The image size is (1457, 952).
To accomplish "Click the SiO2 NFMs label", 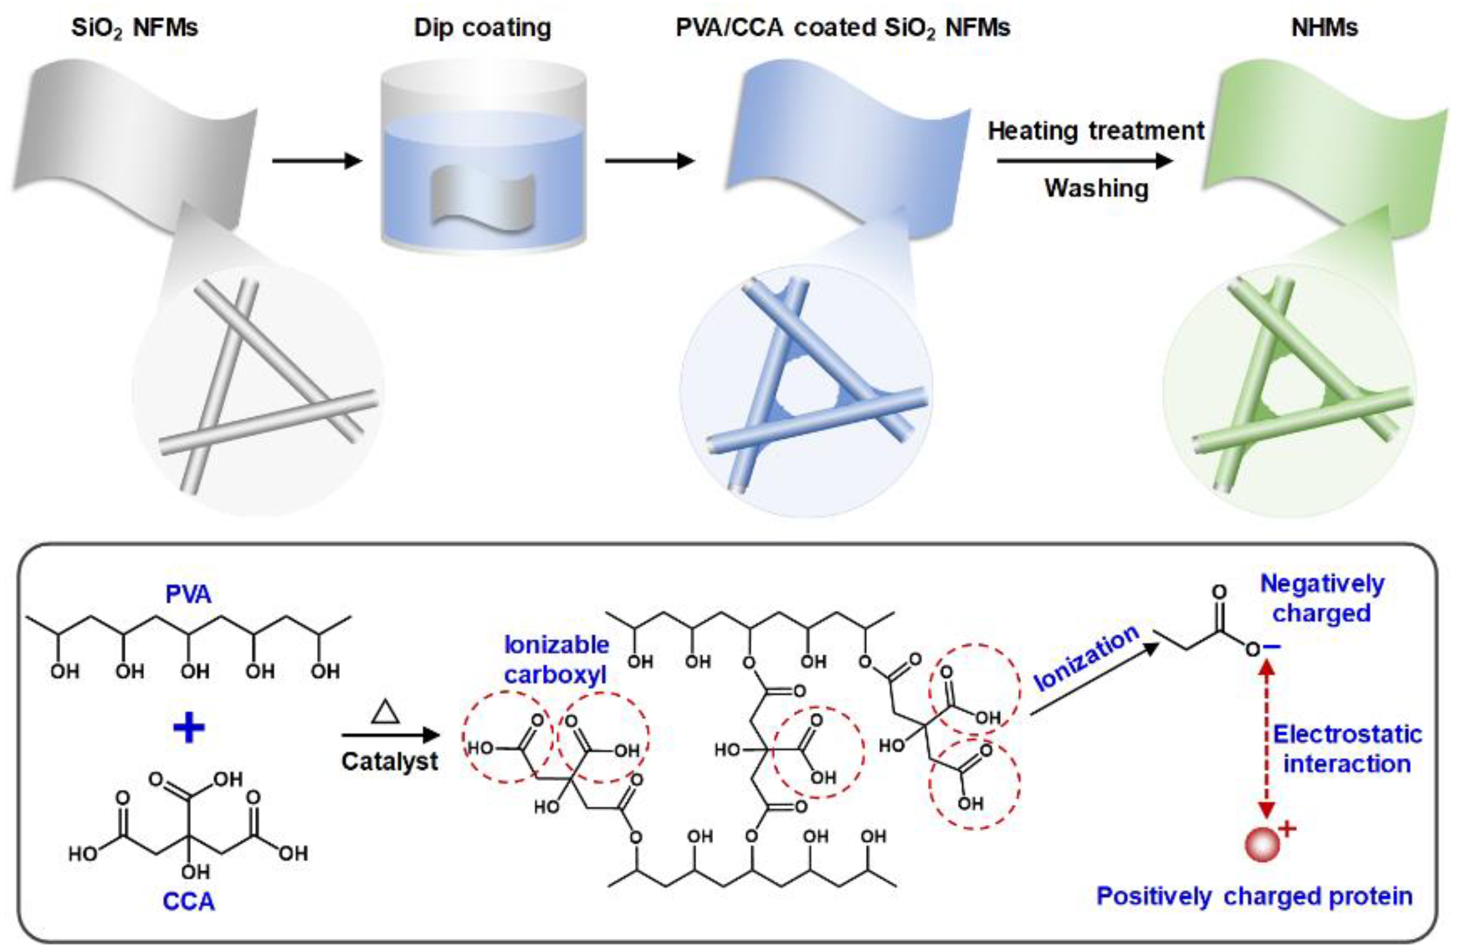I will tap(135, 28).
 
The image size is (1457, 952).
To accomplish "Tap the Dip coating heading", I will tap(482, 28).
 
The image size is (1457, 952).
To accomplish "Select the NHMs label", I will tap(1324, 28).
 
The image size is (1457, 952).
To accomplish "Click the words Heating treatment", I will tap(1096, 131).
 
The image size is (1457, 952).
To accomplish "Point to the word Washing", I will tap(1096, 188).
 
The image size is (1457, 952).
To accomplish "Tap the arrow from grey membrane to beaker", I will tap(316, 161).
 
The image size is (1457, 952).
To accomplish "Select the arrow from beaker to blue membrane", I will tap(650, 161).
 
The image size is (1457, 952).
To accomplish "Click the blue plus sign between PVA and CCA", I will tap(188, 729).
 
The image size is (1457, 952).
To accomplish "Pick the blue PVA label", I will tap(188, 595).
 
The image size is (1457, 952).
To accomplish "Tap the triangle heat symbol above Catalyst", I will tap(385, 713).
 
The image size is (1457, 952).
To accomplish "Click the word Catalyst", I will tap(390, 762).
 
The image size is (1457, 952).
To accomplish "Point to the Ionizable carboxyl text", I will tap(556, 660).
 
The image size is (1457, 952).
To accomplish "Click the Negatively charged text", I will tap(1322, 598).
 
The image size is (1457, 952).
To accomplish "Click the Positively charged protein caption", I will tap(1254, 896).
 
